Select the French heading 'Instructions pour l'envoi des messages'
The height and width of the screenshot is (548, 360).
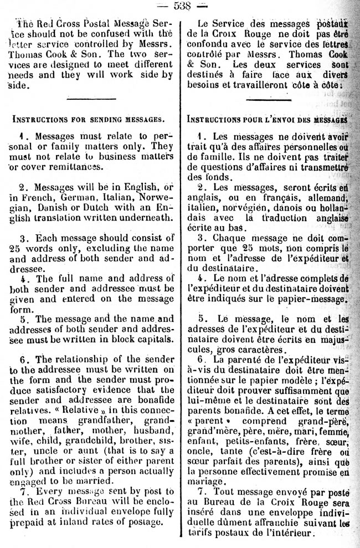click(268, 119)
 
